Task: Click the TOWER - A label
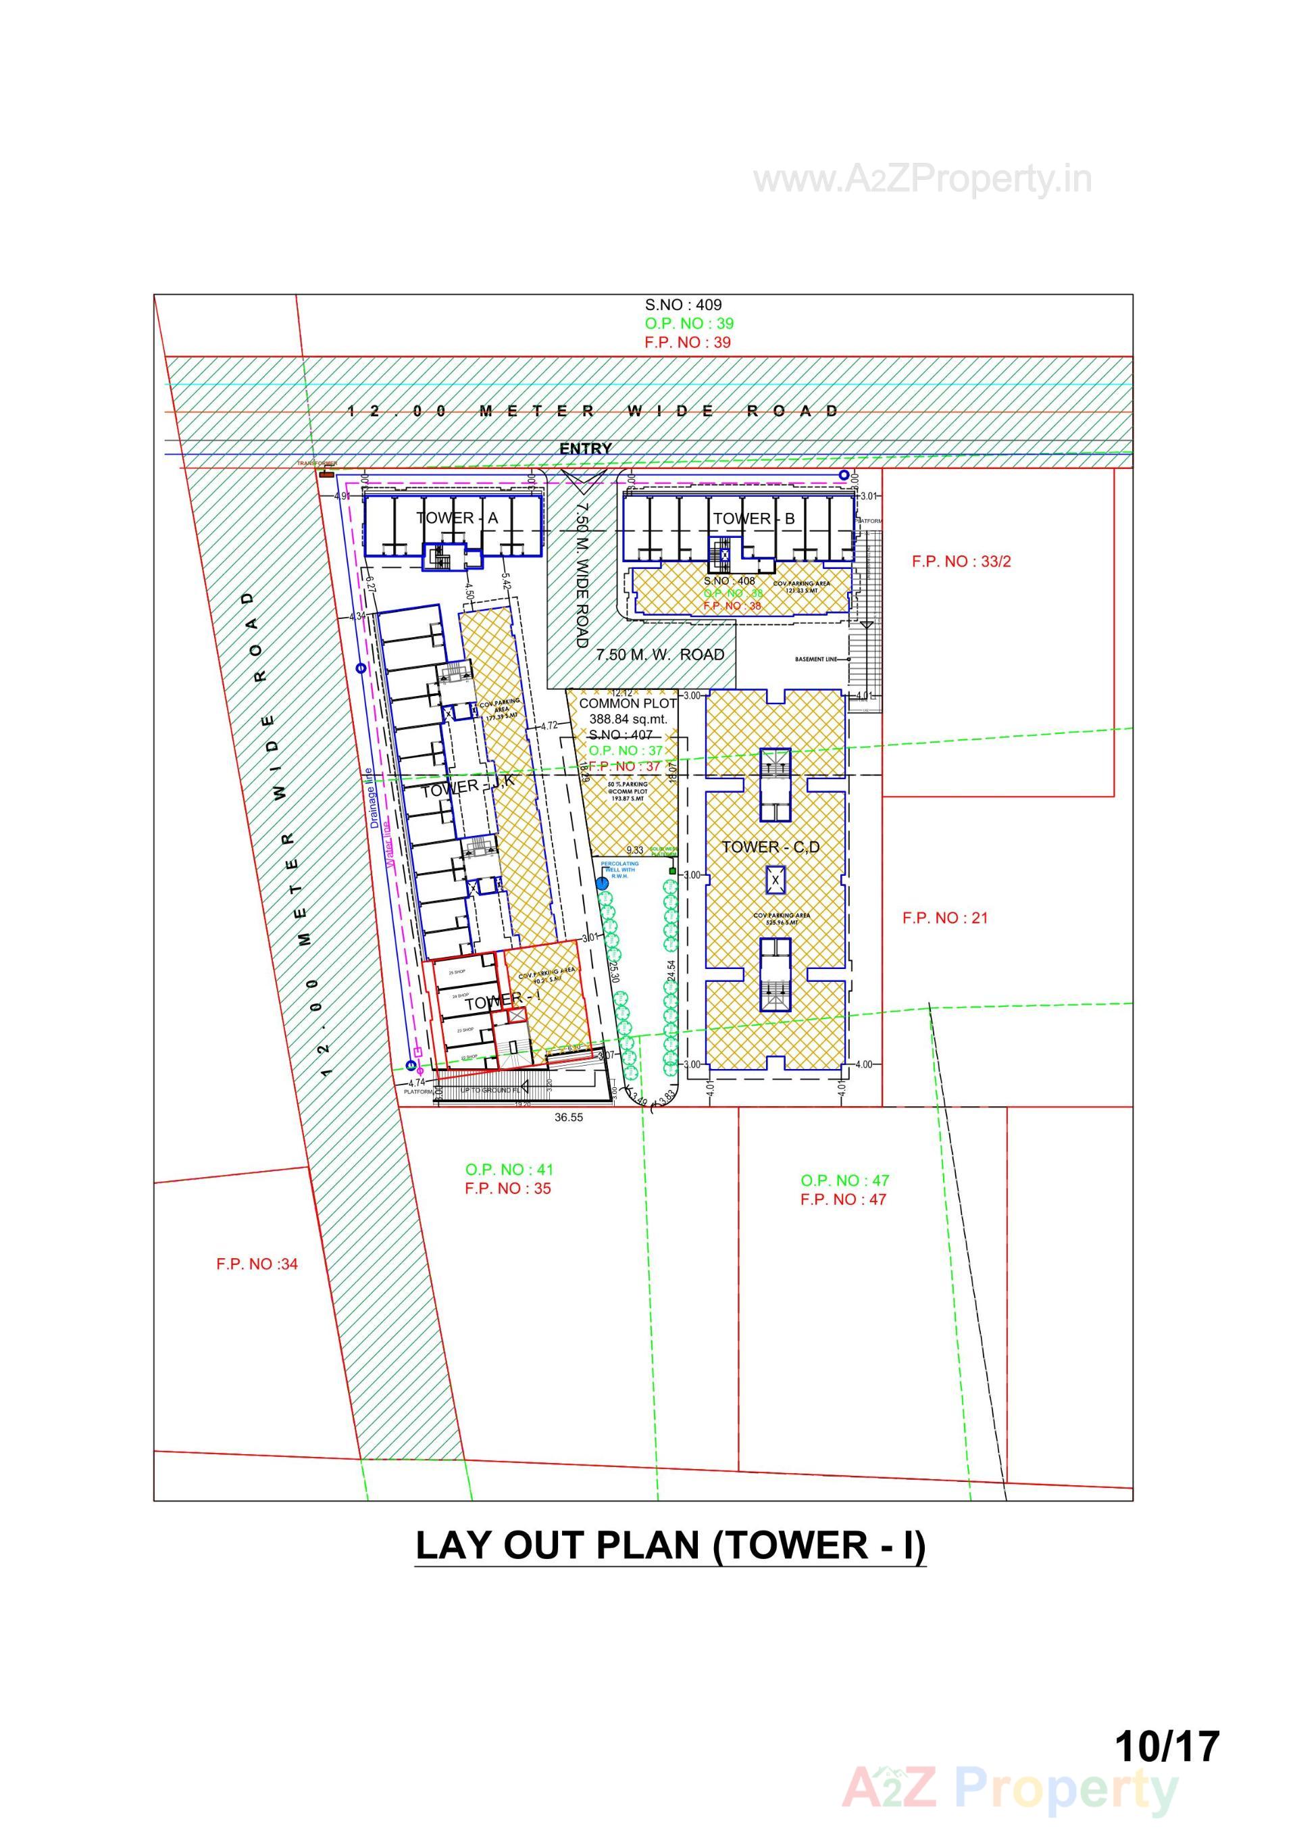[x=457, y=518]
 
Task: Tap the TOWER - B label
[x=753, y=519]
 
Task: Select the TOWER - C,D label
[x=770, y=847]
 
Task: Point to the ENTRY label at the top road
[x=585, y=449]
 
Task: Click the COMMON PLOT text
[x=627, y=703]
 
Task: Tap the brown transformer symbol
[x=326, y=475]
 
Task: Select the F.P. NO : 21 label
[x=944, y=918]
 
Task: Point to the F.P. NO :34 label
[x=257, y=1264]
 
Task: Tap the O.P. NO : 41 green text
[x=509, y=1169]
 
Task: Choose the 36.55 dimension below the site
[x=569, y=1118]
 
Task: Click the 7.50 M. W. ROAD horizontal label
[x=660, y=655]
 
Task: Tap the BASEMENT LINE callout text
[x=815, y=660]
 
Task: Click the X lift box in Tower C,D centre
[x=775, y=880]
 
